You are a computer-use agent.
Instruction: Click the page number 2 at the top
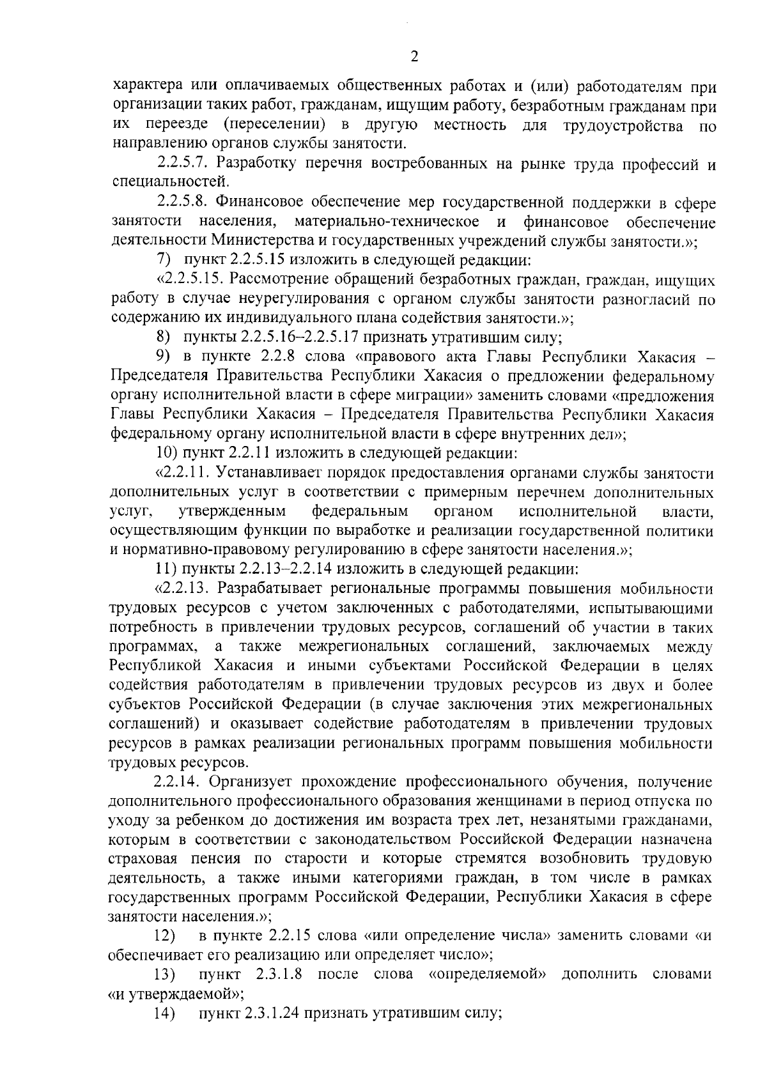pyautogui.click(x=414, y=57)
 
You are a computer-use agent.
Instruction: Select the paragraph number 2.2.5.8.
pyautogui.click(x=184, y=203)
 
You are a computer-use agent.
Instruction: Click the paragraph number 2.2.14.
pyautogui.click(x=176, y=781)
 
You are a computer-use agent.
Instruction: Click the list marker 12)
pyautogui.click(x=165, y=936)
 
